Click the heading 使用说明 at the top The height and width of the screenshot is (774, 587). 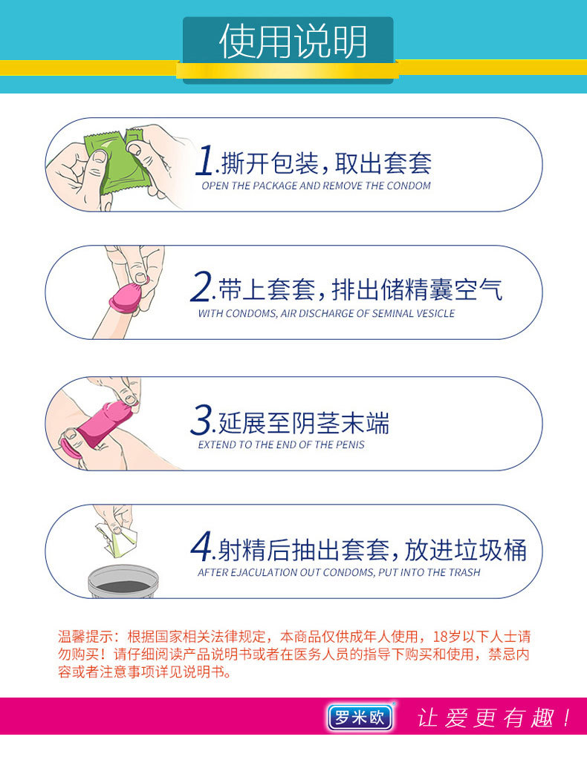click(x=293, y=42)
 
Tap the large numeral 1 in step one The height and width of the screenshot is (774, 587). click(x=206, y=163)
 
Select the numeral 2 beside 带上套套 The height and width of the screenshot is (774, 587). click(x=202, y=288)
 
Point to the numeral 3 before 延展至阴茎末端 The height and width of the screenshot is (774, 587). click(x=201, y=421)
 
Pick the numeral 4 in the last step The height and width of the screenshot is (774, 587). click(x=201, y=548)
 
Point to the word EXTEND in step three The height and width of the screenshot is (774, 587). click(x=215, y=445)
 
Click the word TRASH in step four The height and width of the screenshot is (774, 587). click(x=464, y=572)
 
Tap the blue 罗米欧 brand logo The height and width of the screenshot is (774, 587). click(x=359, y=717)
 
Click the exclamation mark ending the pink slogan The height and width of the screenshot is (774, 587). click(x=566, y=718)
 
